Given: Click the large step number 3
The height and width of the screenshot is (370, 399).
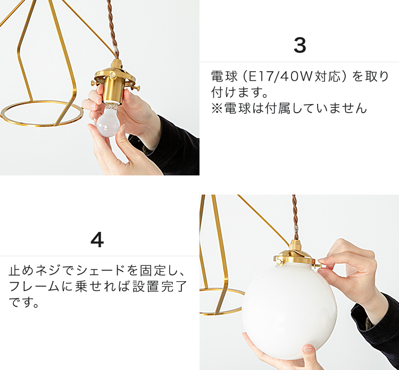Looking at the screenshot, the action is pyautogui.click(x=300, y=45).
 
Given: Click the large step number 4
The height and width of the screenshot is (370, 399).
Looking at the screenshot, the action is pyautogui.click(x=97, y=240).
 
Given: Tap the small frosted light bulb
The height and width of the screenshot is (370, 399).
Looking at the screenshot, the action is pyautogui.click(x=108, y=121).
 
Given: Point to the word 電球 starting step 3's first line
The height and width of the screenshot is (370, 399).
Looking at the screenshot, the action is pyautogui.click(x=224, y=77).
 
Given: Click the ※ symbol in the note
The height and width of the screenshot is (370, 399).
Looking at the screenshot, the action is pyautogui.click(x=217, y=108).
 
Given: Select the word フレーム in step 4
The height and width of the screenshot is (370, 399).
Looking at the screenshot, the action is pyautogui.click(x=34, y=287).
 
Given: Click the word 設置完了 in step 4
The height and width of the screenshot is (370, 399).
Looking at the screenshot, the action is pyautogui.click(x=160, y=287).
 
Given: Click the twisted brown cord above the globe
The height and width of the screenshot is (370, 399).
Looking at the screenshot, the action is pyautogui.click(x=295, y=217).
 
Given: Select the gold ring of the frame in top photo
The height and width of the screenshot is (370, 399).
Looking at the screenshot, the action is pyautogui.click(x=42, y=125).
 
